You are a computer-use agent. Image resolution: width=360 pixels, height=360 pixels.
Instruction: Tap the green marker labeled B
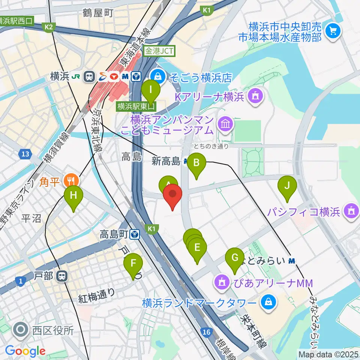pyautogui.click(x=196, y=163)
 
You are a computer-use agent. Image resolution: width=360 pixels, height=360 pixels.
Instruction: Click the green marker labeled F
pyautogui.click(x=133, y=264)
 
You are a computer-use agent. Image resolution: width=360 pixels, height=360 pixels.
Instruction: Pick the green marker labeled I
pyautogui.click(x=151, y=90)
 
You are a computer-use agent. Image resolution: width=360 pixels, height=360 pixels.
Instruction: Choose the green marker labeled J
pyautogui.click(x=287, y=186)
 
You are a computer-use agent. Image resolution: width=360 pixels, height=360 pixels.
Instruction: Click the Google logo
pyautogui.click(x=25, y=351)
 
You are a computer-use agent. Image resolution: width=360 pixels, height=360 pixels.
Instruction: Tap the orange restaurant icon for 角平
pyautogui.click(x=70, y=181)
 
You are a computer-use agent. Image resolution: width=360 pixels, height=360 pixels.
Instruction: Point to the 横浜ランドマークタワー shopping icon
pyautogui.click(x=268, y=301)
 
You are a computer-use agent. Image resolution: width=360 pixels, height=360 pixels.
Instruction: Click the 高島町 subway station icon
pyautogui.click(x=135, y=235)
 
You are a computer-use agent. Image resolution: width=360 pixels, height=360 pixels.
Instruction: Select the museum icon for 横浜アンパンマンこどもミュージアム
pyautogui.click(x=226, y=126)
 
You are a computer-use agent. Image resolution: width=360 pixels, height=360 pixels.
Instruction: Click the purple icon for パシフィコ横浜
pyautogui.click(x=351, y=211)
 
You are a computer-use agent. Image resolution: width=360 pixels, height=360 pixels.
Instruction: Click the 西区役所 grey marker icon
pyautogui.click(x=19, y=330)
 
